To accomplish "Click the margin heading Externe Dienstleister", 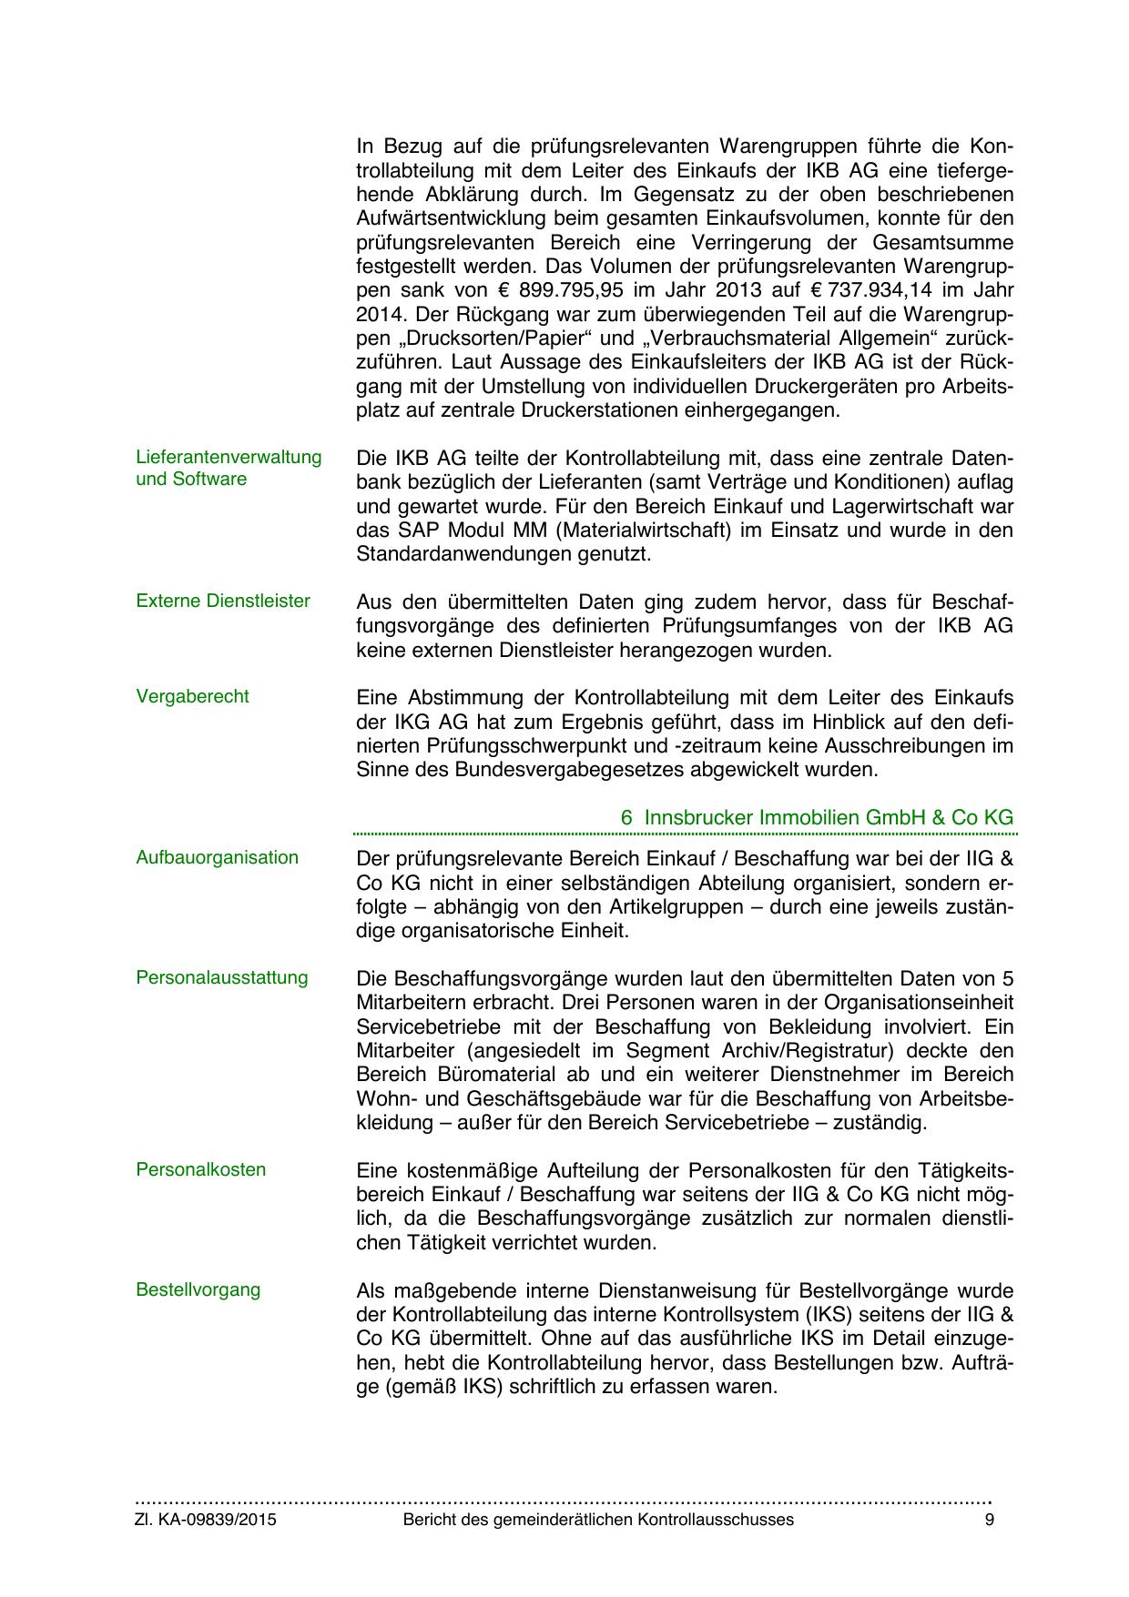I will (x=223, y=601).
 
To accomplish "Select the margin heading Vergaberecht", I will (x=192, y=697).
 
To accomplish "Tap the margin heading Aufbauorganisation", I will (x=217, y=858).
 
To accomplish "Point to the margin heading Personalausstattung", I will (x=222, y=978).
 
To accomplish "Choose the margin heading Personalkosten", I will (x=201, y=1170).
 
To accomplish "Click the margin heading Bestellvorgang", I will (x=198, y=1290).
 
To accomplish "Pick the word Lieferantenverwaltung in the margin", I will (x=229, y=457).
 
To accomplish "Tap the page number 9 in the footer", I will (x=990, y=1521).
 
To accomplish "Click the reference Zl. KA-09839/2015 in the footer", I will (x=206, y=1521).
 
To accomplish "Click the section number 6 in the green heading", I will (x=626, y=818).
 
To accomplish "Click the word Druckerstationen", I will (x=600, y=410).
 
